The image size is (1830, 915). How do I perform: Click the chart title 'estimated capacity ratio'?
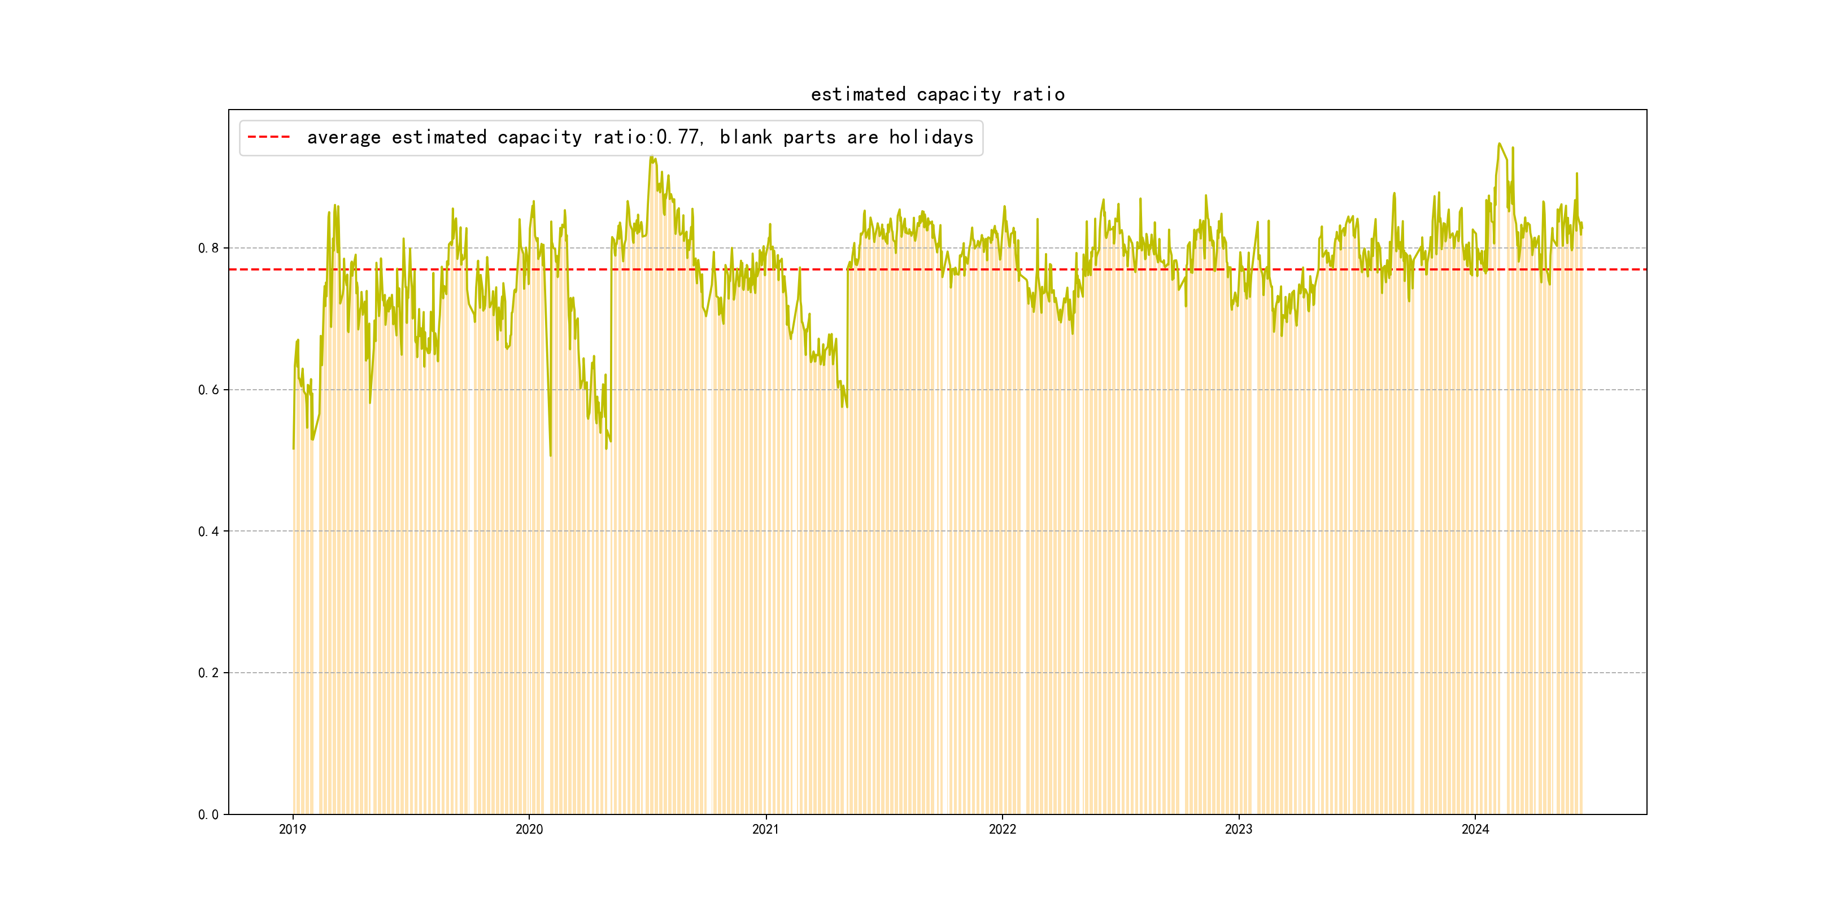point(937,94)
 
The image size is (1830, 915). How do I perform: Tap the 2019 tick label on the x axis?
point(293,829)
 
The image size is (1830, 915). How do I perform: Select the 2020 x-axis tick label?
point(529,829)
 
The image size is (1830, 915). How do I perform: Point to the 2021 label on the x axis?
point(765,829)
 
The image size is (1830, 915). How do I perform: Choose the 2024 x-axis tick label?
point(1475,829)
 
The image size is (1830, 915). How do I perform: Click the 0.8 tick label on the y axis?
point(208,248)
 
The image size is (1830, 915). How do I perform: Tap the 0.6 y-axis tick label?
point(208,389)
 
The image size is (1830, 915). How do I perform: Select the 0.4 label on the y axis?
point(208,531)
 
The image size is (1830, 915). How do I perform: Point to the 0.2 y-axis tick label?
point(208,673)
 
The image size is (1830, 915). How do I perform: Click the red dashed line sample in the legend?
point(268,137)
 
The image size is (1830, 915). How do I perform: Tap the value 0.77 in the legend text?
point(678,137)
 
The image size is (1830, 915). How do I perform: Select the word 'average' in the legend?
point(343,137)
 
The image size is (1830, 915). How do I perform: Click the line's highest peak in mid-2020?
point(651,157)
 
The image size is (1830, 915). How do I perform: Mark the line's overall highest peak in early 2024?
point(1499,143)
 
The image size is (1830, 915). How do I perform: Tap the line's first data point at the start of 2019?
point(293,448)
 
